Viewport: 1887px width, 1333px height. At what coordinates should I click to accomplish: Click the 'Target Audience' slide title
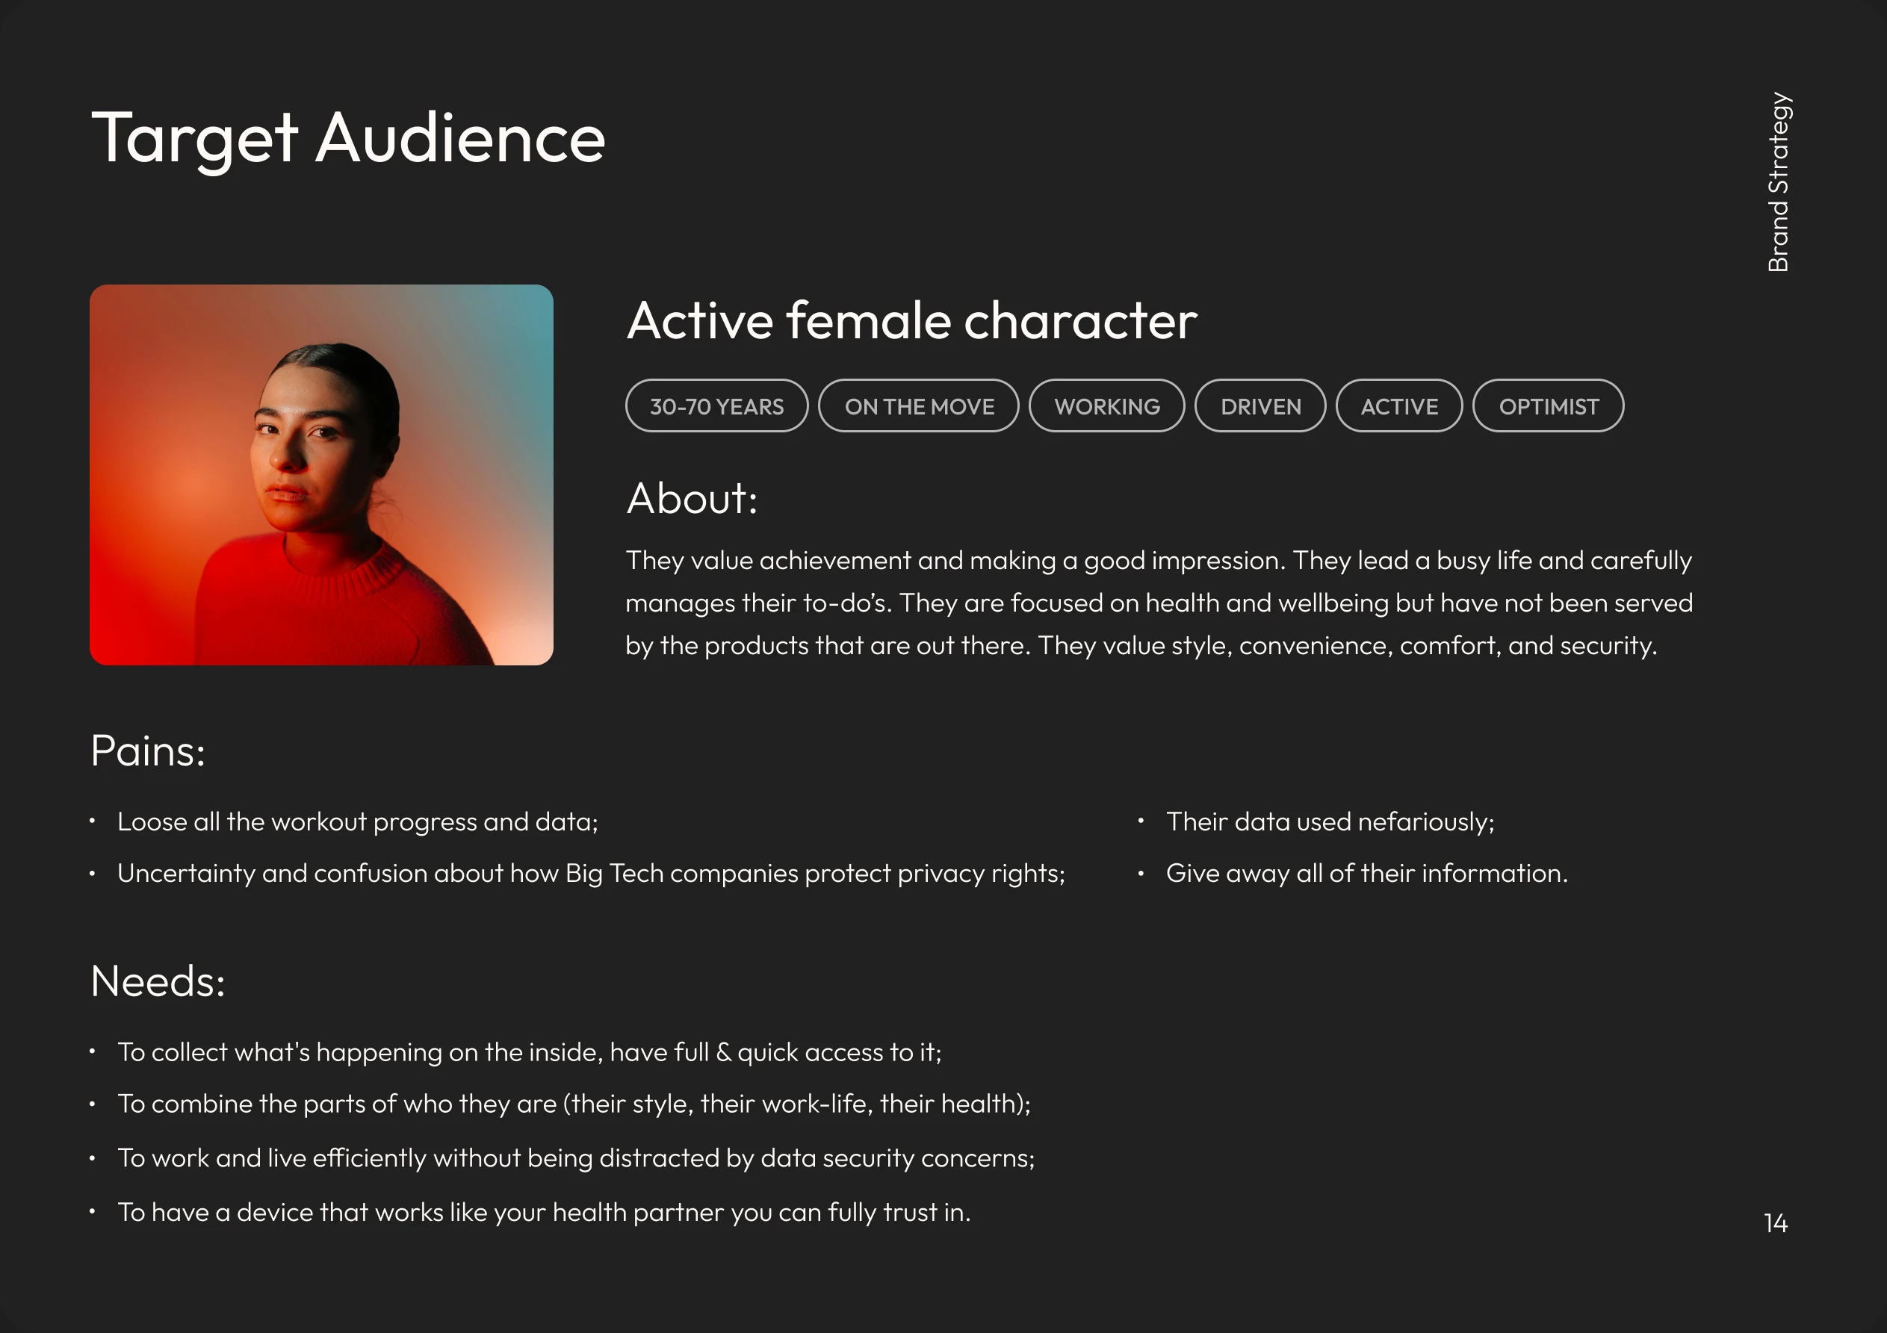click(x=348, y=138)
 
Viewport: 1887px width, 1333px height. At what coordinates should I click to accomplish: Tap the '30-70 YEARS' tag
click(x=716, y=406)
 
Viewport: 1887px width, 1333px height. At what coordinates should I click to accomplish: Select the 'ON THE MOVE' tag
click(x=919, y=406)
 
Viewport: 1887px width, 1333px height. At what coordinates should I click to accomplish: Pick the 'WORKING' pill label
click(x=1107, y=406)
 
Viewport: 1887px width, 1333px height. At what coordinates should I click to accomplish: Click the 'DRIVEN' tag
click(x=1261, y=406)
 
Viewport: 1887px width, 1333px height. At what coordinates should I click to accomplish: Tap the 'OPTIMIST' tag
click(x=1549, y=406)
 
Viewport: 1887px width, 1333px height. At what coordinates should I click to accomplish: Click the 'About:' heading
click(x=692, y=498)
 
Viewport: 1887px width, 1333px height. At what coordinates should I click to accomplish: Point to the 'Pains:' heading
click(x=148, y=751)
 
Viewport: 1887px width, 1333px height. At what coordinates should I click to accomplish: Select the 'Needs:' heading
click(x=158, y=981)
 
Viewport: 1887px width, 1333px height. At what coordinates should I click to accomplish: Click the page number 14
click(x=1775, y=1224)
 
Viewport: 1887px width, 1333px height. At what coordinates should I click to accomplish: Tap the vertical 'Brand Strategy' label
click(x=1779, y=181)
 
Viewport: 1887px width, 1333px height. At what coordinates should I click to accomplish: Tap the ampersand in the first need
click(x=723, y=1052)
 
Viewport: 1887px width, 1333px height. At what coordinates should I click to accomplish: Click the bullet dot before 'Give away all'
click(x=1141, y=873)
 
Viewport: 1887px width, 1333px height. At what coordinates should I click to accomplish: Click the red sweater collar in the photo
click(x=345, y=567)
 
